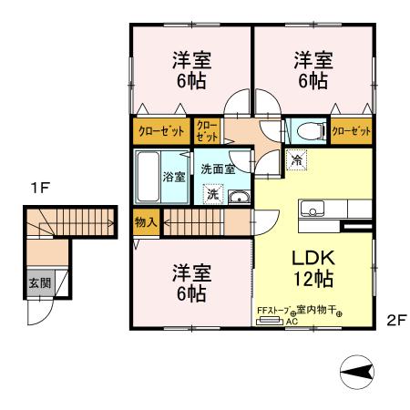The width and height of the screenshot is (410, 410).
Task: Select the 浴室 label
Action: coord(173,175)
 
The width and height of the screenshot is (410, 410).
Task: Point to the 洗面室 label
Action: coord(218,169)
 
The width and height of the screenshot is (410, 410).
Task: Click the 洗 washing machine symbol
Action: coord(212,194)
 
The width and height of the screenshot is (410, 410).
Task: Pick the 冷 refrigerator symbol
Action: coord(297,160)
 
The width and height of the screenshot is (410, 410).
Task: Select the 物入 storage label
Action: coord(146,221)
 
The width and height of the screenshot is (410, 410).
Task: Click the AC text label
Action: coord(292,322)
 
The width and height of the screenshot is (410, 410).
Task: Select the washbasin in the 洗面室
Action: coord(238,198)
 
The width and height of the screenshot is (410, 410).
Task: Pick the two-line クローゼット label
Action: coord(207,131)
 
